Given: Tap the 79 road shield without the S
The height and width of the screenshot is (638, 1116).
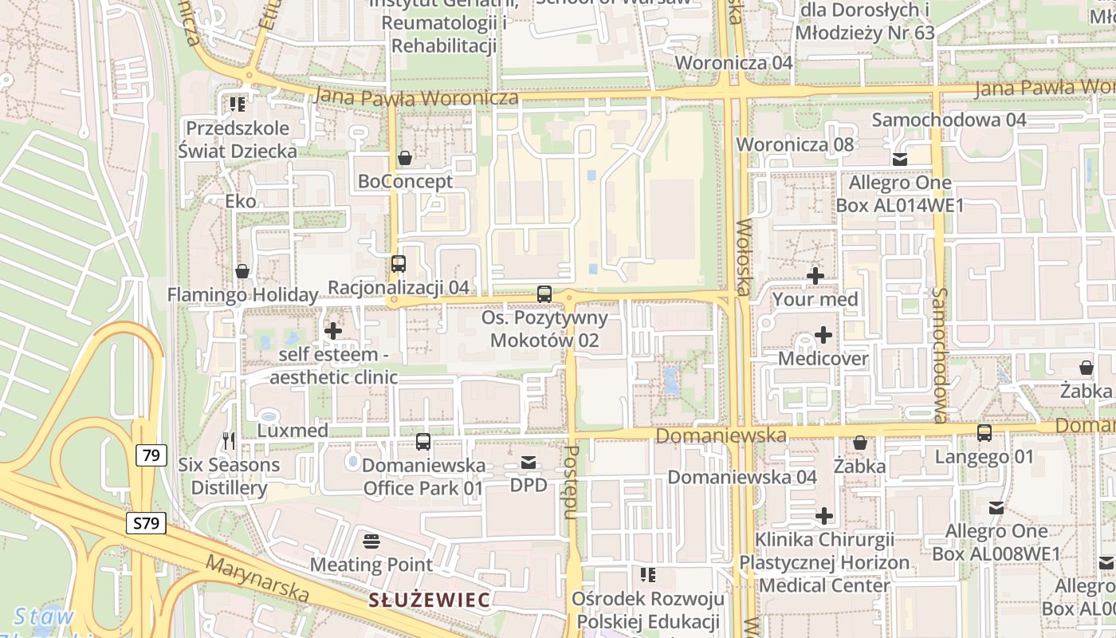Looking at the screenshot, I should [151, 455].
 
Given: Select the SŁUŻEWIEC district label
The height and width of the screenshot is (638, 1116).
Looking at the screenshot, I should [430, 601].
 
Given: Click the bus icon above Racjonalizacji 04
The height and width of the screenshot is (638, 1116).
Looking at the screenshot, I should [399, 264].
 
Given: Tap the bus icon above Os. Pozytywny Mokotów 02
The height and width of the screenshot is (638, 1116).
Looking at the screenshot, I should [544, 294].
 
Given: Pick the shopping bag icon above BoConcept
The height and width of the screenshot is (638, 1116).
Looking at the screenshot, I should [405, 158].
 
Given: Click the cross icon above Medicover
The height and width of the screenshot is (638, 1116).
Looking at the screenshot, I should [823, 335].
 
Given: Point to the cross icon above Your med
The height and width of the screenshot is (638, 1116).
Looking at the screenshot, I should [815, 277].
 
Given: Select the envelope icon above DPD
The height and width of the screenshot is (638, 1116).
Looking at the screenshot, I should [529, 462].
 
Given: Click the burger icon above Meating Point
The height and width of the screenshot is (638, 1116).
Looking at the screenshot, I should [371, 542].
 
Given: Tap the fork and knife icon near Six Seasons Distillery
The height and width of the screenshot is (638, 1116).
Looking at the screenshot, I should [228, 441].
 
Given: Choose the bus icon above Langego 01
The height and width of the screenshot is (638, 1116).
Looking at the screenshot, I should [984, 433].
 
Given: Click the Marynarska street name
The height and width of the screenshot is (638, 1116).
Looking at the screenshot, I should [257, 579].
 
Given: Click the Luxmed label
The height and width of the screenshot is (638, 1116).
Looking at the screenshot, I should [293, 431].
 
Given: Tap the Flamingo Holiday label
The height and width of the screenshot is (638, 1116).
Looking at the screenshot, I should [242, 295].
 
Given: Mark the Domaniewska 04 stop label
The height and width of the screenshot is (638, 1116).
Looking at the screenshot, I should [742, 477].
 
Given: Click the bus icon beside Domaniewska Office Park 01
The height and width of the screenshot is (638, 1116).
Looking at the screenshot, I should [423, 442].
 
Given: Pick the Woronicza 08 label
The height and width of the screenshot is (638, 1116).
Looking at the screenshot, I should [795, 144].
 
